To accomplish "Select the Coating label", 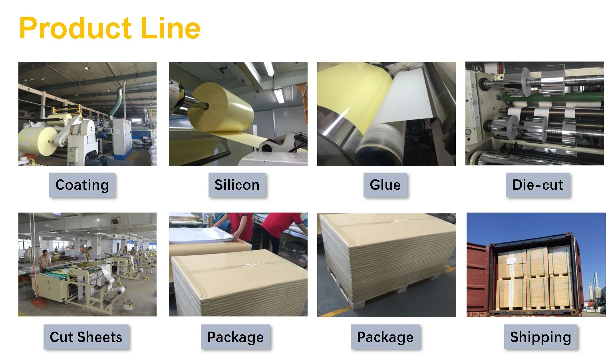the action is (82, 185).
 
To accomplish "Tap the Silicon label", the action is (237, 185).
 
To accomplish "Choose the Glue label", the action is (385, 185).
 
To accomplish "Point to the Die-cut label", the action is (537, 185).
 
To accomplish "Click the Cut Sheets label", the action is (86, 337).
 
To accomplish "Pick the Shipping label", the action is (540, 337).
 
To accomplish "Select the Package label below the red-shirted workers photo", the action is (235, 337).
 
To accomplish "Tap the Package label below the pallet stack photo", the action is (385, 337).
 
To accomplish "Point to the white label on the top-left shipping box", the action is (511, 261).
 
